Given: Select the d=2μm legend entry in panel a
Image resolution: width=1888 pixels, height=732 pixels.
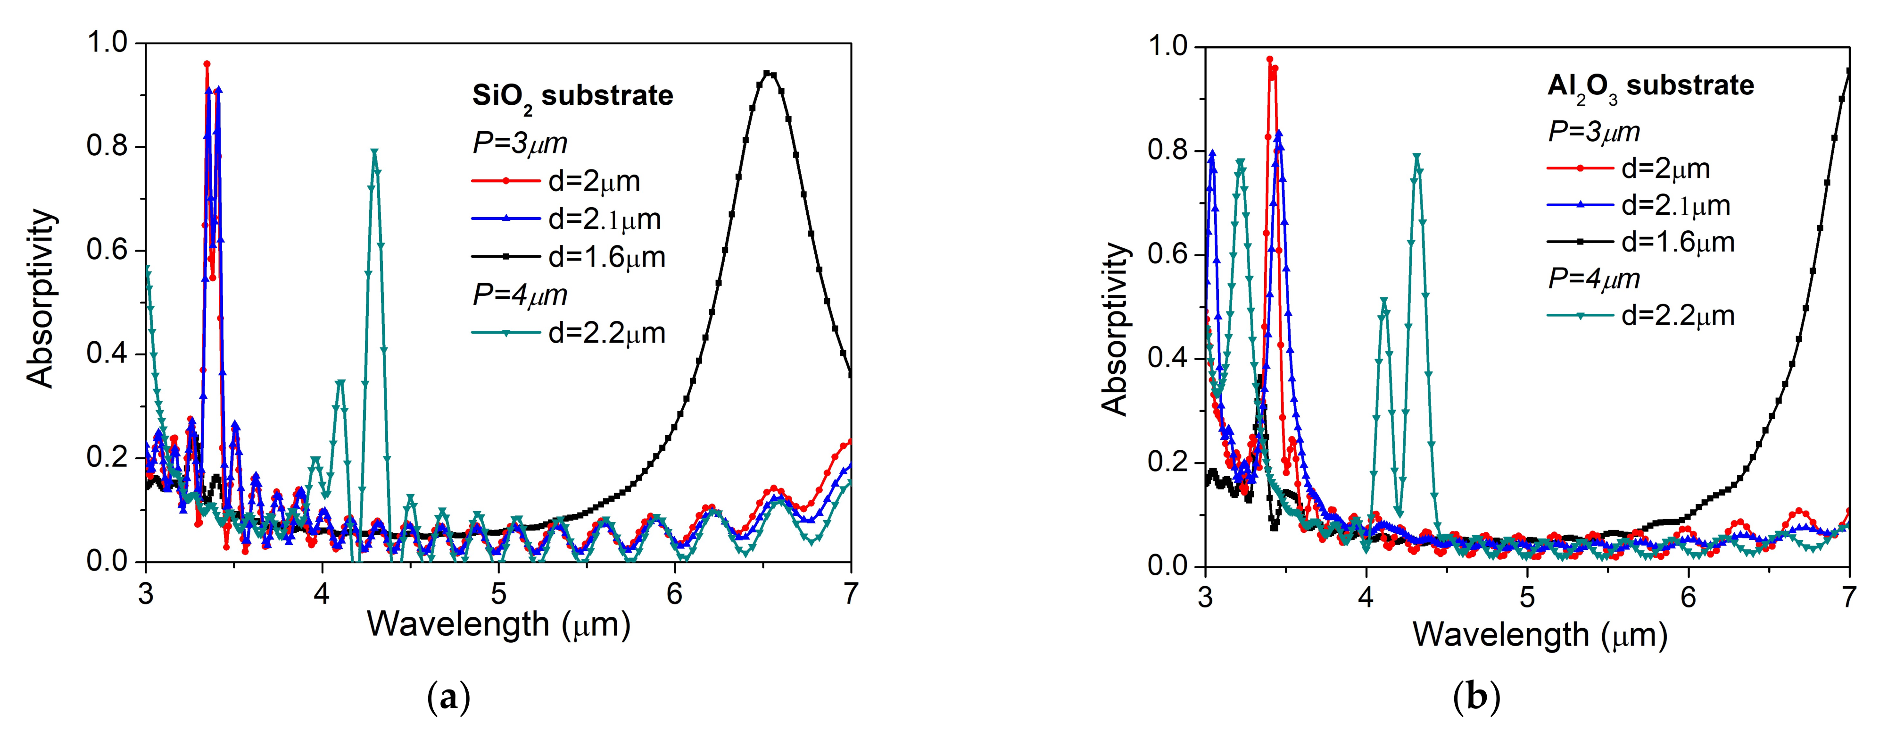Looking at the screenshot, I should click(x=594, y=181).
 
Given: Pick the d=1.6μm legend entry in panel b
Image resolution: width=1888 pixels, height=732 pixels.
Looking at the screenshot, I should click(x=1677, y=242).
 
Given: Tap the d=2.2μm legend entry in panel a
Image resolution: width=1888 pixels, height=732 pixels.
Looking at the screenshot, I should click(x=606, y=333).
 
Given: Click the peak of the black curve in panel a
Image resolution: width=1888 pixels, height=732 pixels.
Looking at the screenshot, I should click(x=767, y=73).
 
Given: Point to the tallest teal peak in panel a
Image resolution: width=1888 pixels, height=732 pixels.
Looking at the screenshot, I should click(x=374, y=152).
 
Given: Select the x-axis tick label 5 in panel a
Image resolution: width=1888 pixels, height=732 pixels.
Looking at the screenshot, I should click(x=498, y=593).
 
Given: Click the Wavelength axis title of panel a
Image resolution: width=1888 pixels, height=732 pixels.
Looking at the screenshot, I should click(x=498, y=625).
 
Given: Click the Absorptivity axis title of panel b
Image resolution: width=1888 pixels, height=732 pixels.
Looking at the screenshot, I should click(x=1114, y=328).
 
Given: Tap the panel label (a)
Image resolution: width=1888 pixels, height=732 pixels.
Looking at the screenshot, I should click(x=448, y=697).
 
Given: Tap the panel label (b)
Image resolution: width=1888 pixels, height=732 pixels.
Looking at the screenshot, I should click(x=1476, y=697).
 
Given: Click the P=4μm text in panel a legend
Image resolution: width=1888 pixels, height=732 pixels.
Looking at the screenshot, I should click(x=520, y=295).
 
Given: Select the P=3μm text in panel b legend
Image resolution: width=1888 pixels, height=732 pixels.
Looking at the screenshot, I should click(x=1593, y=132).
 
